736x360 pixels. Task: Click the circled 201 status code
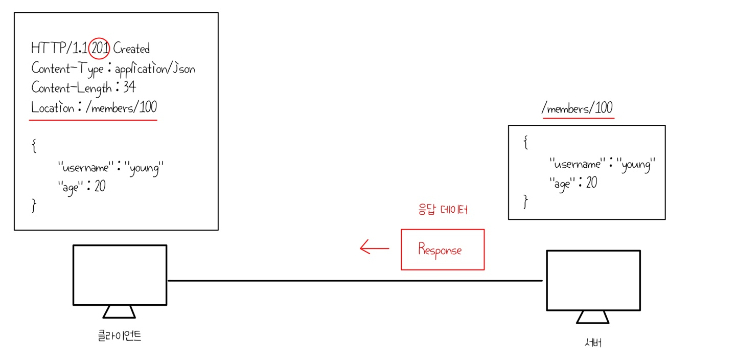point(99,49)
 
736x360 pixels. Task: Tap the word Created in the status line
point(131,49)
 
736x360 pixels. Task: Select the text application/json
point(155,69)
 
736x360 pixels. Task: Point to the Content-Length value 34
point(129,87)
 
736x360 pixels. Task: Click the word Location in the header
point(52,107)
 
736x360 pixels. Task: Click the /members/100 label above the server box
point(578,108)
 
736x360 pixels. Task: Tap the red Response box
point(442,250)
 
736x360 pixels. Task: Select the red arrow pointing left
point(374,249)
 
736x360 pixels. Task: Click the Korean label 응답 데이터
point(442,210)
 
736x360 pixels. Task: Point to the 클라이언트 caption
point(120,336)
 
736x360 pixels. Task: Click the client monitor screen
point(120,275)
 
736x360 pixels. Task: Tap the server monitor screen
point(593,280)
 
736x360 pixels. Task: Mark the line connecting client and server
point(355,280)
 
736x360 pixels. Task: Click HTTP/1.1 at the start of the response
point(59,49)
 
